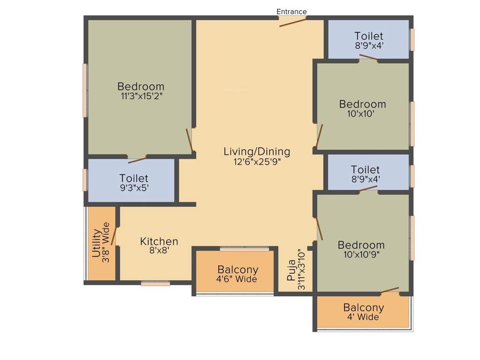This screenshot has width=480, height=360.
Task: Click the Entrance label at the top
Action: pyautogui.click(x=292, y=12)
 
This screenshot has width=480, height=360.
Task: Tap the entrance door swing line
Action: pyautogui.click(x=293, y=22)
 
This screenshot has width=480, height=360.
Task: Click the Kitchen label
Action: pyautogui.click(x=159, y=241)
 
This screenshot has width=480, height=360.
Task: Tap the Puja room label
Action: pyautogui.click(x=292, y=270)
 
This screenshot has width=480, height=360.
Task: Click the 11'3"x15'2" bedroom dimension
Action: pyautogui.click(x=141, y=96)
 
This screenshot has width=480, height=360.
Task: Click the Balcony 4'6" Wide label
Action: pyautogui.click(x=238, y=270)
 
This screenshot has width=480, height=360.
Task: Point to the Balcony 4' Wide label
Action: pyautogui.click(x=363, y=308)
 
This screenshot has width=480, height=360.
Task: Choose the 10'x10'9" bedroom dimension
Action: pyautogui.click(x=361, y=255)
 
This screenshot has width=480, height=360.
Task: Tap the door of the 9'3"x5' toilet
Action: pyautogui.click(x=137, y=160)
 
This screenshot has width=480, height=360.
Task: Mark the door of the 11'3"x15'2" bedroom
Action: pyautogui.click(x=189, y=140)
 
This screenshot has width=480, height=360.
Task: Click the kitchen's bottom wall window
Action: pyautogui.click(x=156, y=283)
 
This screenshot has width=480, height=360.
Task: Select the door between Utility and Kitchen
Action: pyautogui.click(x=113, y=233)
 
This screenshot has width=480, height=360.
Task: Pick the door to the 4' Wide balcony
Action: pyautogui.click(x=390, y=290)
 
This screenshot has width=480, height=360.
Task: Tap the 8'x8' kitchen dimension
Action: pyautogui.click(x=159, y=251)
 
